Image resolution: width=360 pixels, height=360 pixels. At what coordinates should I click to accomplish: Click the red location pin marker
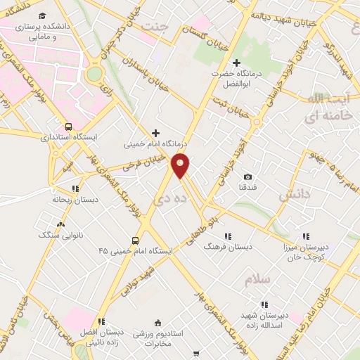pyautogui.click(x=181, y=165)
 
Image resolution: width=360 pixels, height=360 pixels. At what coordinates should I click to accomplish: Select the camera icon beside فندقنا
pyautogui.click(x=247, y=177)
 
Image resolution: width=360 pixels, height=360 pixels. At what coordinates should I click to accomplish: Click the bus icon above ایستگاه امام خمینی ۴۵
pyautogui.click(x=136, y=240)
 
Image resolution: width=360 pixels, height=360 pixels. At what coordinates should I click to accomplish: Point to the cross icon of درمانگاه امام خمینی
pyautogui.click(x=155, y=133)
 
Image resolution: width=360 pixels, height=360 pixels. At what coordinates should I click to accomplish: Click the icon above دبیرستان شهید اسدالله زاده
pyautogui.click(x=264, y=304)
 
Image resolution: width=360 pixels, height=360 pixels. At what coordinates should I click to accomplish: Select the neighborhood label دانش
pyautogui.click(x=293, y=195)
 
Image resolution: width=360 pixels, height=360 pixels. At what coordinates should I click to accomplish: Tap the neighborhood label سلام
pyautogui.click(x=257, y=280)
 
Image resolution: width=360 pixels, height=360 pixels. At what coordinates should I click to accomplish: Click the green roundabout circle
pyautogui.click(x=94, y=74)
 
